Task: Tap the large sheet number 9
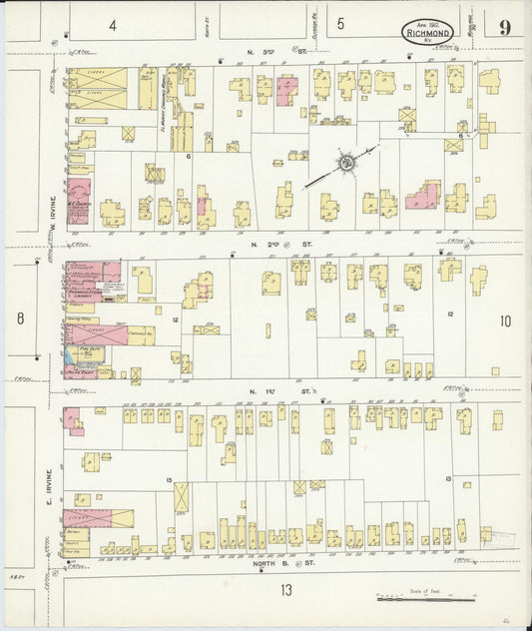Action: (506, 28)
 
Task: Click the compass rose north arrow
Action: (346, 162)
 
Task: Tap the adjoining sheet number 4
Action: (113, 24)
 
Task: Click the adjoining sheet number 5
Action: (340, 24)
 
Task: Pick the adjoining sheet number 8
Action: (20, 318)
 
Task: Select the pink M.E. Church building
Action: (79, 200)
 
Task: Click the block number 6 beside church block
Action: (188, 157)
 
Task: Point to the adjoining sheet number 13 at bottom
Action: (286, 589)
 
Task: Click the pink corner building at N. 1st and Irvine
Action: (73, 419)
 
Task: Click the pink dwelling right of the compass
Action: (423, 195)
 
